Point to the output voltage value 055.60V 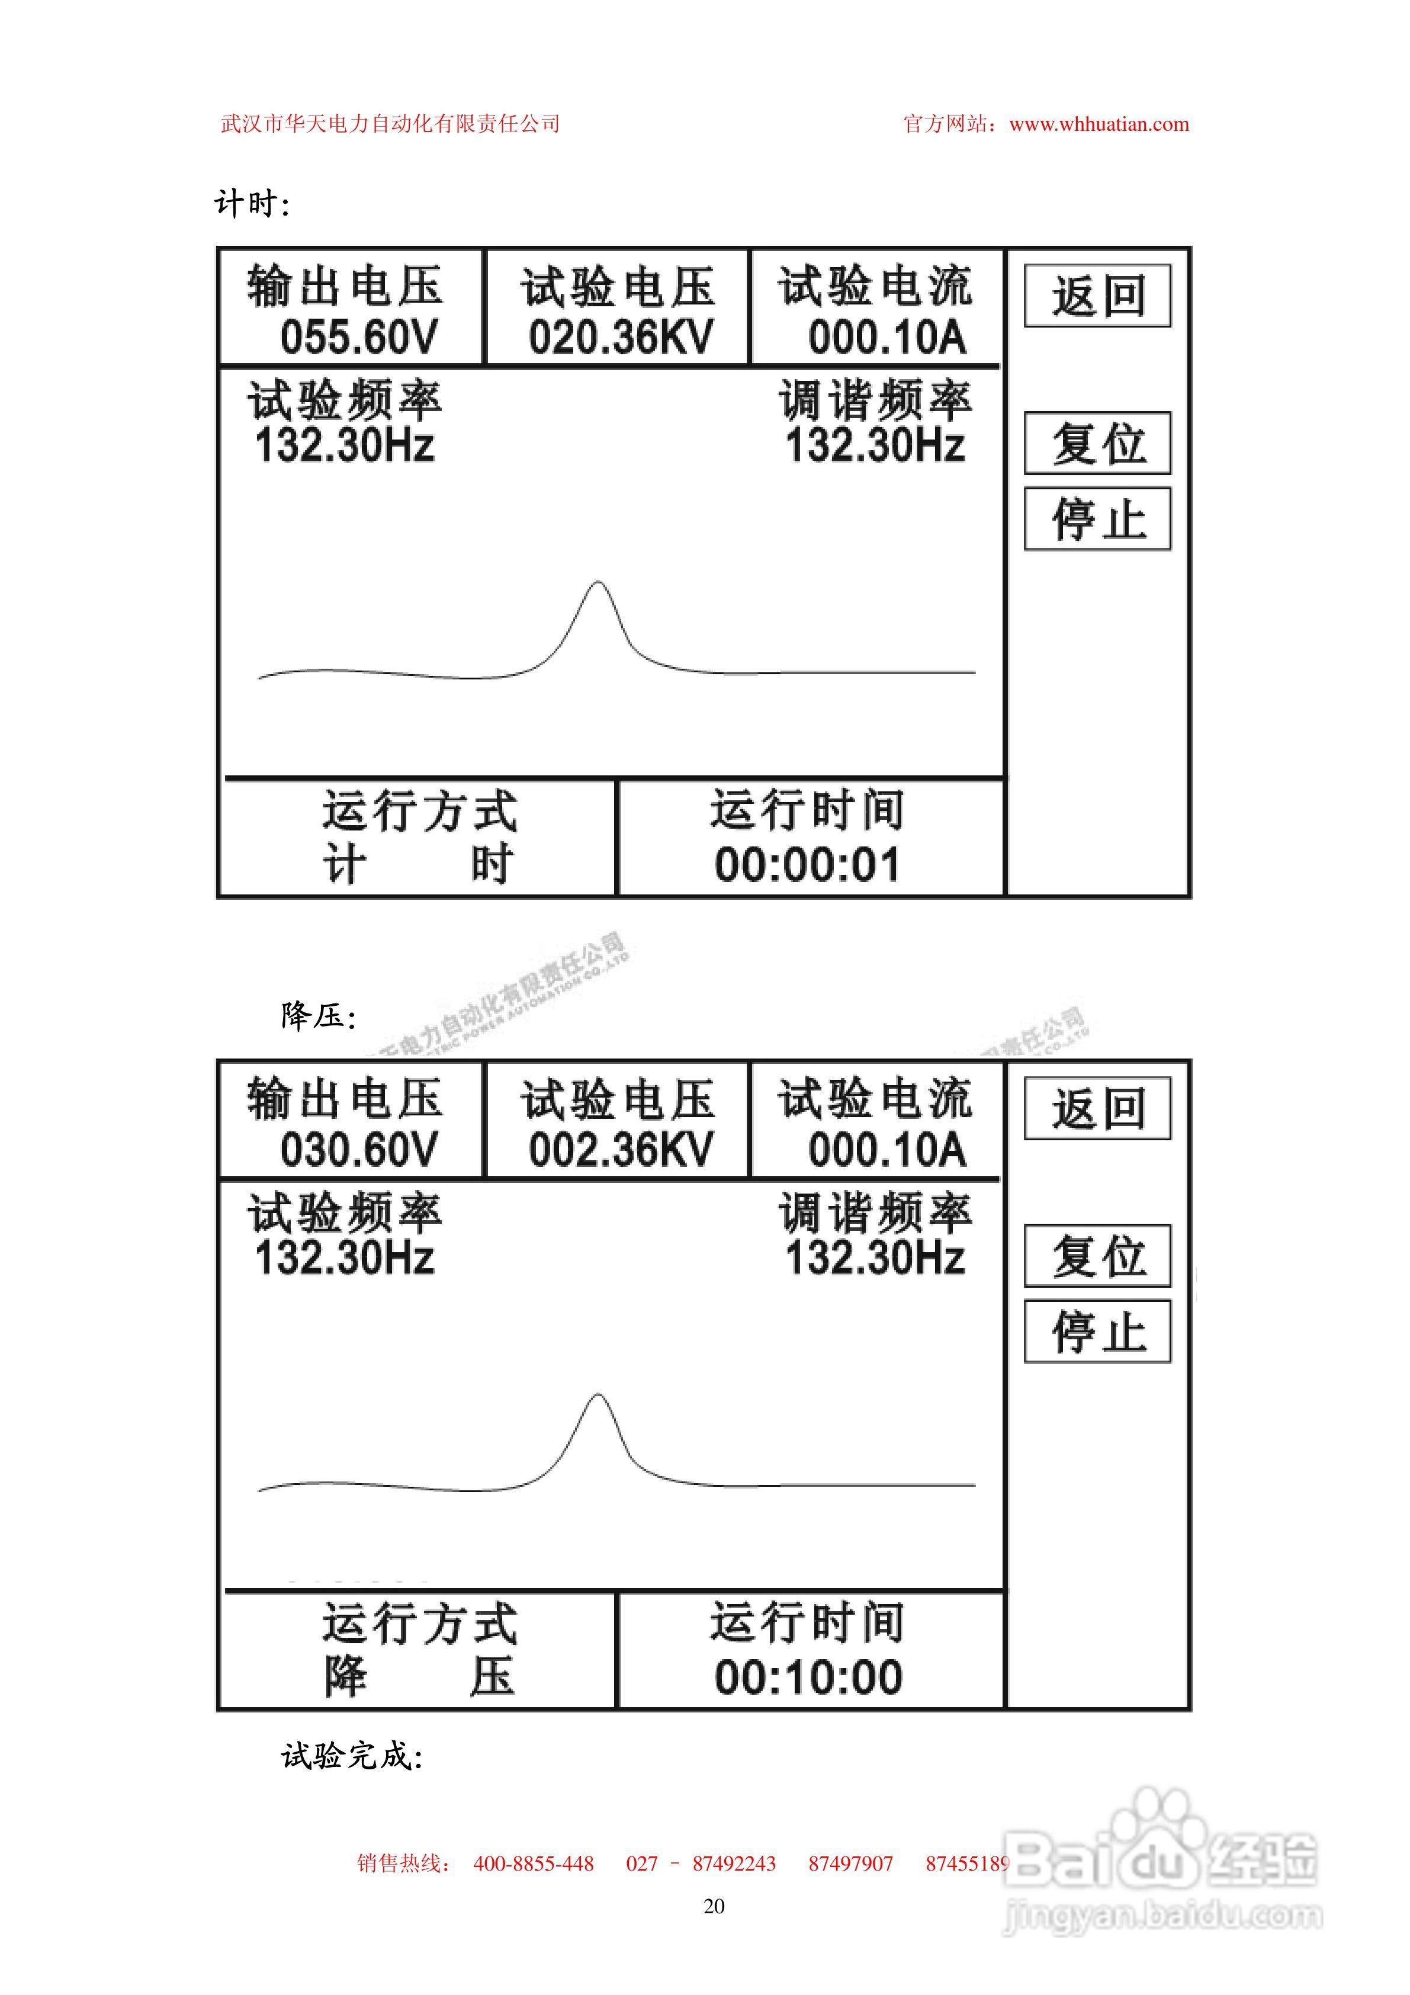[x=359, y=337]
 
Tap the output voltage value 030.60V [x=359, y=1150]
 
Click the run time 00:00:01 [x=807, y=865]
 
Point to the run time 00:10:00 [x=807, y=1677]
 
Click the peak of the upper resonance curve [x=598, y=583]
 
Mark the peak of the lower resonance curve [x=598, y=1396]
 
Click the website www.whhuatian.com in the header [x=1099, y=124]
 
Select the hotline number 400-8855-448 [x=534, y=1863]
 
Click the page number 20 [x=713, y=1906]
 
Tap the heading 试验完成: [x=352, y=1756]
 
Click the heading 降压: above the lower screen [x=318, y=1015]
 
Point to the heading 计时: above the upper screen [x=251, y=204]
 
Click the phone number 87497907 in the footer [x=850, y=1863]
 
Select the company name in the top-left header [x=390, y=124]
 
